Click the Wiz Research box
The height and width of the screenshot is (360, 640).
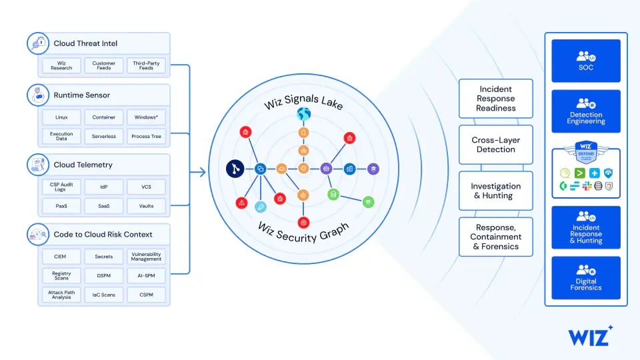(x=61, y=65)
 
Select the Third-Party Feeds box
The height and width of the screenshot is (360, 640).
(x=146, y=65)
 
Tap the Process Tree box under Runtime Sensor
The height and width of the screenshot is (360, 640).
(x=146, y=136)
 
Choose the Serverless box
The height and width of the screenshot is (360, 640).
(x=103, y=136)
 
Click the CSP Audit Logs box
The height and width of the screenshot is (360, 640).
(x=61, y=187)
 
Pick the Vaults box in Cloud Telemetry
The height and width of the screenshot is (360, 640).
(x=146, y=206)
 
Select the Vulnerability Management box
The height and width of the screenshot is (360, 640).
(x=146, y=257)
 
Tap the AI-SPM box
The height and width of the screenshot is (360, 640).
(x=146, y=275)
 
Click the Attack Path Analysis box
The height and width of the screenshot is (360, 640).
(x=61, y=295)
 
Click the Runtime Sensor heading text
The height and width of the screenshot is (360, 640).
(x=82, y=95)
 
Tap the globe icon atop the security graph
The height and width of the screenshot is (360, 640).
(x=304, y=115)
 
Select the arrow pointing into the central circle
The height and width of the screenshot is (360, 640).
(x=199, y=173)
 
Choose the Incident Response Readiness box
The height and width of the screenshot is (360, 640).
(x=496, y=99)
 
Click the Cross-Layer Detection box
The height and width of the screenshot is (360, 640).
(x=496, y=145)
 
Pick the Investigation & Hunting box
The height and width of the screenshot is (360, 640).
(x=496, y=191)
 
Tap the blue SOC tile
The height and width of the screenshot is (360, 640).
(x=586, y=61)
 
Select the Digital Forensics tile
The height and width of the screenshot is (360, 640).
(x=586, y=278)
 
